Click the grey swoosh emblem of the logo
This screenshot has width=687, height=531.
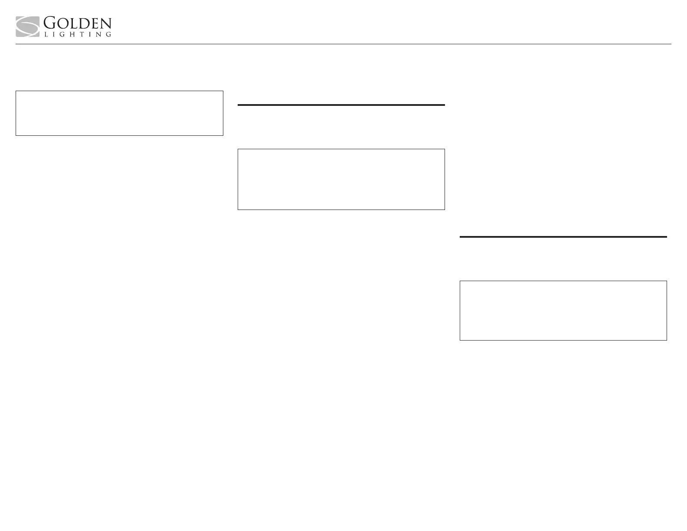pos(28,27)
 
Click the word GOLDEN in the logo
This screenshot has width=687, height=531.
pos(77,23)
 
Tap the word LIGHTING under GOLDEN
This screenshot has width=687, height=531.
pos(78,34)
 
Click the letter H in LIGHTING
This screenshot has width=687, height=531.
pos(74,34)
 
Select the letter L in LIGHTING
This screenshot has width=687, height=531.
pos(46,34)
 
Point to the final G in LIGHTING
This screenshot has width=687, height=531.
pos(108,34)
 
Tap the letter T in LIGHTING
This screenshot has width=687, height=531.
pos(83,34)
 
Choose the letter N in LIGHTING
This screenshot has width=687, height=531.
pos(99,34)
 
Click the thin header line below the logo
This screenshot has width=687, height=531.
pos(343,44)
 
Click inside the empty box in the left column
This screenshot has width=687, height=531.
pos(119,113)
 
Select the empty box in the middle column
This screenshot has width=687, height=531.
pos(341,179)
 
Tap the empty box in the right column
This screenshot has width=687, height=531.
pos(563,310)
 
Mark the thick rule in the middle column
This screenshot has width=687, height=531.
pos(341,105)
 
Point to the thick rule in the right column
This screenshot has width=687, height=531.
pos(563,237)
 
